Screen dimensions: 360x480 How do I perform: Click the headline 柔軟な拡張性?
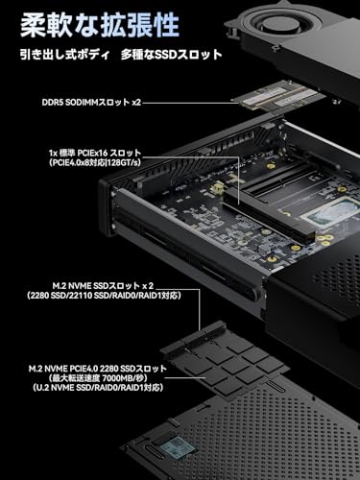[x=99, y=26]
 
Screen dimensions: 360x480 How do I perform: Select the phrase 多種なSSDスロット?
[x=171, y=55]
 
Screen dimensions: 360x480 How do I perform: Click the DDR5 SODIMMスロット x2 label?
[x=91, y=103]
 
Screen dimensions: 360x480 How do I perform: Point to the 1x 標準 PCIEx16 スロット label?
[x=95, y=153]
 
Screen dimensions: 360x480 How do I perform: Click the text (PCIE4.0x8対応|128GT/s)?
[x=95, y=163]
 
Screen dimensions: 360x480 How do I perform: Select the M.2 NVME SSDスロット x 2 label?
[x=103, y=285]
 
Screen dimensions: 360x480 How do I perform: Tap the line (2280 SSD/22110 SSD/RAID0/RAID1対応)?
[x=104, y=296]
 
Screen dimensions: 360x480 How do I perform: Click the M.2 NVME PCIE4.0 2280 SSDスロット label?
[x=98, y=369]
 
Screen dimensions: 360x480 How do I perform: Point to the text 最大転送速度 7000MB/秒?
[x=98, y=378]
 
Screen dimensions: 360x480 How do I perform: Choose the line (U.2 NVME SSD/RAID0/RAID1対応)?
[x=98, y=388]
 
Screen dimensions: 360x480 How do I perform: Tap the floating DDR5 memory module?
[x=278, y=98]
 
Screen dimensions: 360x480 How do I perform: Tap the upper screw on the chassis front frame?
[x=112, y=193]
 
